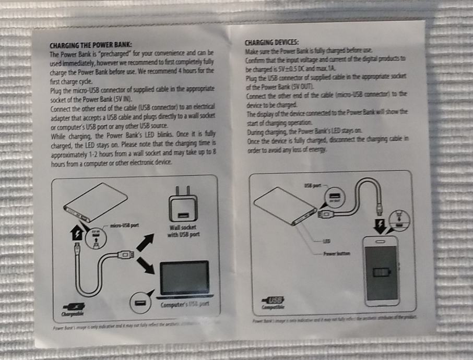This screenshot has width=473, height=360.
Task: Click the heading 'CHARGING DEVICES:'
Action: [271, 41]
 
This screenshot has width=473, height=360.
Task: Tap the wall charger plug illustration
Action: [182, 206]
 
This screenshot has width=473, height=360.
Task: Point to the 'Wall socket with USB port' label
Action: [182, 231]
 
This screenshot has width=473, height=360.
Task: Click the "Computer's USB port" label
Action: [185, 304]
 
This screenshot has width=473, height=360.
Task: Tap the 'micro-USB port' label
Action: [124, 225]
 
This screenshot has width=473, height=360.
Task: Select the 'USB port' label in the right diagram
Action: [311, 185]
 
